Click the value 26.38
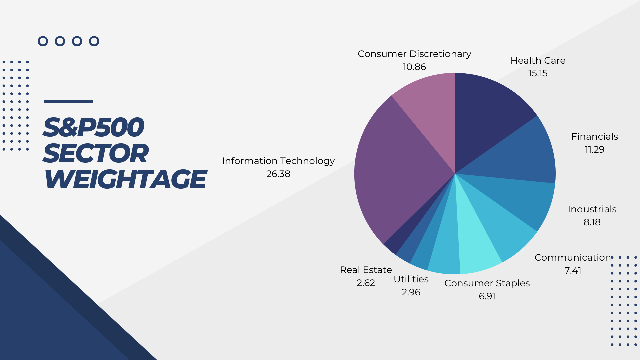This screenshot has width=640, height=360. point(278,174)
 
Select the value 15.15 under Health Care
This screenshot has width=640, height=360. point(537,73)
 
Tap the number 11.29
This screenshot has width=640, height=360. point(594,150)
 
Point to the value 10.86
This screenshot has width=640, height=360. point(414,67)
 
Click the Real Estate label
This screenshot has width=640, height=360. point(366,270)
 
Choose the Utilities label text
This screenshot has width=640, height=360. point(411,279)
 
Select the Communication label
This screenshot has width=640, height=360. point(572,258)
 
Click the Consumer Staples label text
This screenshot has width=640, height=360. point(487,283)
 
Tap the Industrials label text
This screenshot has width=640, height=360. point(592,209)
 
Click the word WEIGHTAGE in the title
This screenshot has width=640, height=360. point(125,179)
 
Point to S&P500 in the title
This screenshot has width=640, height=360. point(94,127)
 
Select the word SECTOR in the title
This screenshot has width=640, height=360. point(96,153)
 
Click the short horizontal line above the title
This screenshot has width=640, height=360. point(68,101)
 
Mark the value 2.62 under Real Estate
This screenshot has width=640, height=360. point(366,283)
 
